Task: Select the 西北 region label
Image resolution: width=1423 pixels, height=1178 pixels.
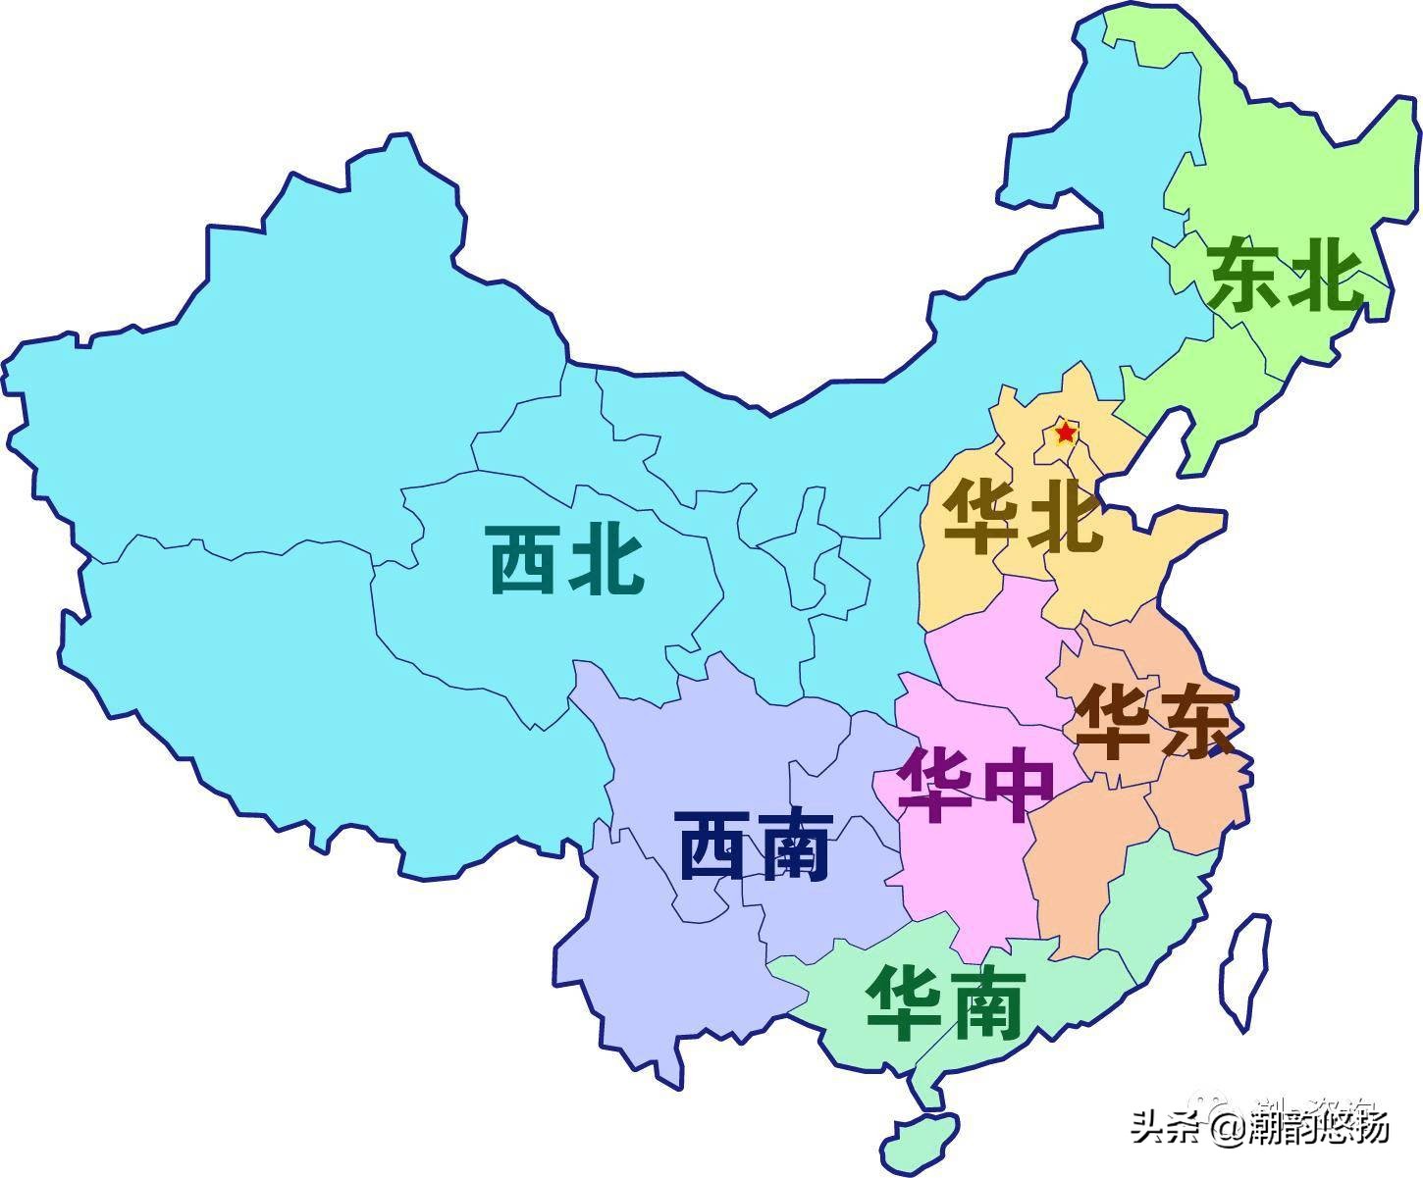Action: pyautogui.click(x=566, y=560)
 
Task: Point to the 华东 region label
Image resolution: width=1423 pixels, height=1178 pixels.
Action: pyautogui.click(x=1154, y=724)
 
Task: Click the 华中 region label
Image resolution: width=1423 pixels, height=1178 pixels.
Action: pyautogui.click(x=976, y=786)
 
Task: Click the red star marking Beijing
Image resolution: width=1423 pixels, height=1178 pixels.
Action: pyautogui.click(x=1065, y=432)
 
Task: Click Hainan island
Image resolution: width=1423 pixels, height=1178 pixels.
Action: pyautogui.click(x=920, y=1136)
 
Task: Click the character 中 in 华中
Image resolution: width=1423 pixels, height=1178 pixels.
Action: pyautogui.click(x=1017, y=786)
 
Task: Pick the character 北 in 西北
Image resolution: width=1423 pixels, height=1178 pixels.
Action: pyautogui.click(x=606, y=560)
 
